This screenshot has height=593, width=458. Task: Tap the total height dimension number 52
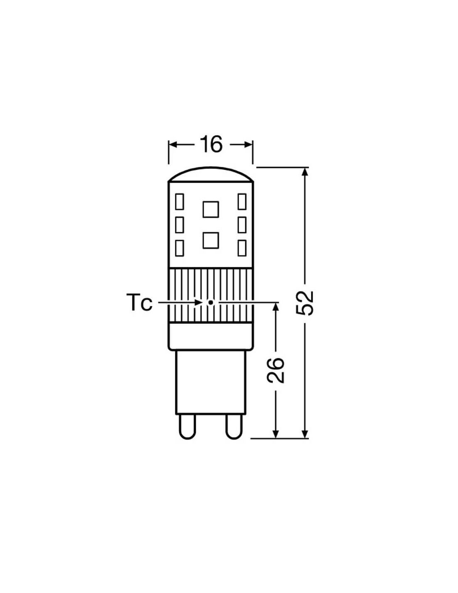(305, 303)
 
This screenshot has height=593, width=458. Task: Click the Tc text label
(139, 303)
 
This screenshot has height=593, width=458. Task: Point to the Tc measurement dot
(210, 302)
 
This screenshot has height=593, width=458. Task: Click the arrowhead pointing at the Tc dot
(199, 302)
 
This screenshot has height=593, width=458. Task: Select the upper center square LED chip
(211, 209)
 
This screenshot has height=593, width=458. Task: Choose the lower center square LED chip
(211, 241)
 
